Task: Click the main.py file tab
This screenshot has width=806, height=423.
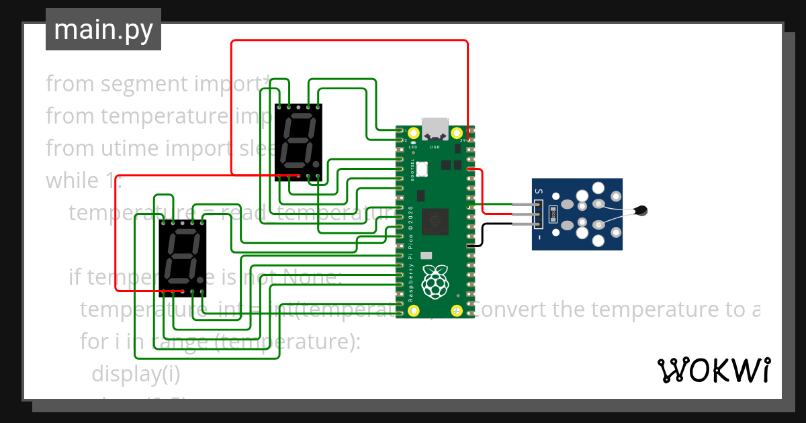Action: tap(103, 30)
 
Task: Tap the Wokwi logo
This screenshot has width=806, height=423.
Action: tap(713, 370)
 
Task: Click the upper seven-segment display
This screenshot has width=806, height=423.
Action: tap(298, 142)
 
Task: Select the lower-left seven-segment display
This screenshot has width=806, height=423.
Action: tap(182, 257)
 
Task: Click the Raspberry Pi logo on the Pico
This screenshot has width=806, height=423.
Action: tap(435, 281)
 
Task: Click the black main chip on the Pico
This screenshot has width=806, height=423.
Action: tap(435, 222)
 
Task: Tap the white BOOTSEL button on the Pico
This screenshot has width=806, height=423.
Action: tap(422, 169)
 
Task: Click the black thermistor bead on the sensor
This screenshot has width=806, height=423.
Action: tap(642, 211)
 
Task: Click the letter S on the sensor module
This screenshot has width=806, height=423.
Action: tap(539, 191)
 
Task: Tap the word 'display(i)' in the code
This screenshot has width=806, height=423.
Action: tap(136, 374)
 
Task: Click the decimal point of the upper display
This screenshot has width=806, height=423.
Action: tap(315, 164)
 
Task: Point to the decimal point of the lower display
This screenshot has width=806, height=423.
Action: tap(200, 279)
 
